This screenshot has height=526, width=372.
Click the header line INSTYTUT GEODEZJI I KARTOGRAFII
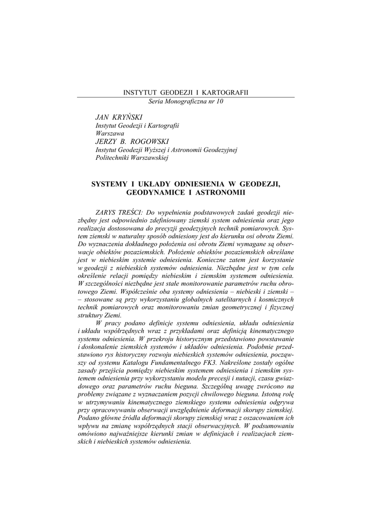pos(186,92)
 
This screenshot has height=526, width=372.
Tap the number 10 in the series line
pos(220,101)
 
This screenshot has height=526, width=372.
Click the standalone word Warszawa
pos(110,133)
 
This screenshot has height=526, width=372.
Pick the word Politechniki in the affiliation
pos(114,158)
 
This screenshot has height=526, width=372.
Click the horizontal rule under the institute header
pos(186,97)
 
